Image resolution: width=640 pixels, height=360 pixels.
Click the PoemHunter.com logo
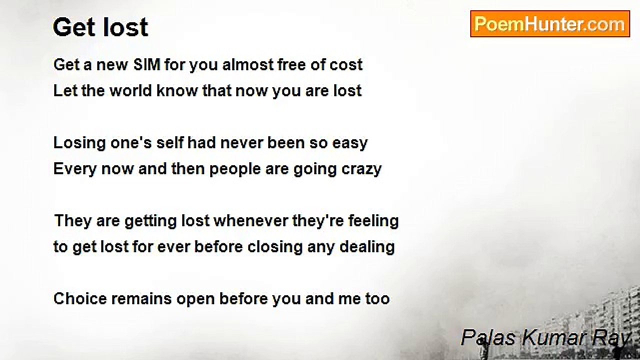point(550,24)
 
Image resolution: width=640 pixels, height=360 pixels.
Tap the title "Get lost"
point(100,27)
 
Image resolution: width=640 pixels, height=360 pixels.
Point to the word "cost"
point(346,65)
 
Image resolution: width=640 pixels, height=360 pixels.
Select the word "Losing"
point(76,143)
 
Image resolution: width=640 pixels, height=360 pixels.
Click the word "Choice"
point(80,299)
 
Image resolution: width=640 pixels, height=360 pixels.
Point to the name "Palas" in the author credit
point(488,338)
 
